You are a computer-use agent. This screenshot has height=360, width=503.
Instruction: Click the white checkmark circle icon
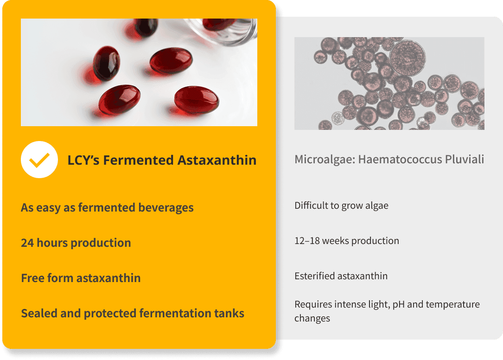[x=39, y=160]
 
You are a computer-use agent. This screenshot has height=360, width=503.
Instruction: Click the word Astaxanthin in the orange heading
[x=217, y=160]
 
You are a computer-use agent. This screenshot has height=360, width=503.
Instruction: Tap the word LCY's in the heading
[x=83, y=160]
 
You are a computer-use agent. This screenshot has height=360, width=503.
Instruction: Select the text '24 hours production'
[x=76, y=243]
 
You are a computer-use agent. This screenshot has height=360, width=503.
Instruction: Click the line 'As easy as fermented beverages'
[x=107, y=208]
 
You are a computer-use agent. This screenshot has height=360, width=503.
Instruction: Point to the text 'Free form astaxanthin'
[x=81, y=278]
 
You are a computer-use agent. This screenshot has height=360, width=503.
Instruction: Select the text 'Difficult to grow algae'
[x=341, y=206]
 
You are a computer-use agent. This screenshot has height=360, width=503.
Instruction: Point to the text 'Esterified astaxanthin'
[x=341, y=276]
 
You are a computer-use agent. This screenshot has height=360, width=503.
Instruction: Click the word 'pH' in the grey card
[x=398, y=304]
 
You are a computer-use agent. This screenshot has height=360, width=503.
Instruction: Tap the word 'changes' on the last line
[x=312, y=318]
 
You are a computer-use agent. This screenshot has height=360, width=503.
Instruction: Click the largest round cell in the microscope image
[x=407, y=58]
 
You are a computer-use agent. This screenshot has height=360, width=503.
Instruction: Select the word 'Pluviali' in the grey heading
[x=465, y=159]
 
